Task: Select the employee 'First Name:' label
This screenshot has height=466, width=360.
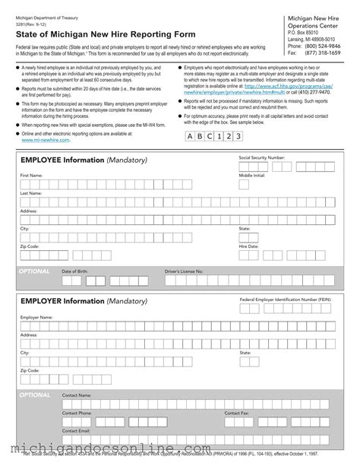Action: point(31,175)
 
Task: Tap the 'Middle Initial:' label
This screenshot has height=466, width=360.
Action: point(252,175)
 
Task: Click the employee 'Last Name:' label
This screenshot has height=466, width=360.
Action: point(31,193)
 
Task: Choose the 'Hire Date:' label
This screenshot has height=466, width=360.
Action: point(249,246)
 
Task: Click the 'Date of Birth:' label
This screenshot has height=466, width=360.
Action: point(74,271)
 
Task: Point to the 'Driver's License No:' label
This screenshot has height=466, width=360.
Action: point(184,271)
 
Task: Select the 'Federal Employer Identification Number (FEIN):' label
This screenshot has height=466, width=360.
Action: point(286,300)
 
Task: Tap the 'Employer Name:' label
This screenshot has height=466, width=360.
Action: point(36,316)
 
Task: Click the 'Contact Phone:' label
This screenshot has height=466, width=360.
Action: point(77,413)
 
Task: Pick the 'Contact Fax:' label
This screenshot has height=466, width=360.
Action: point(237,413)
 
